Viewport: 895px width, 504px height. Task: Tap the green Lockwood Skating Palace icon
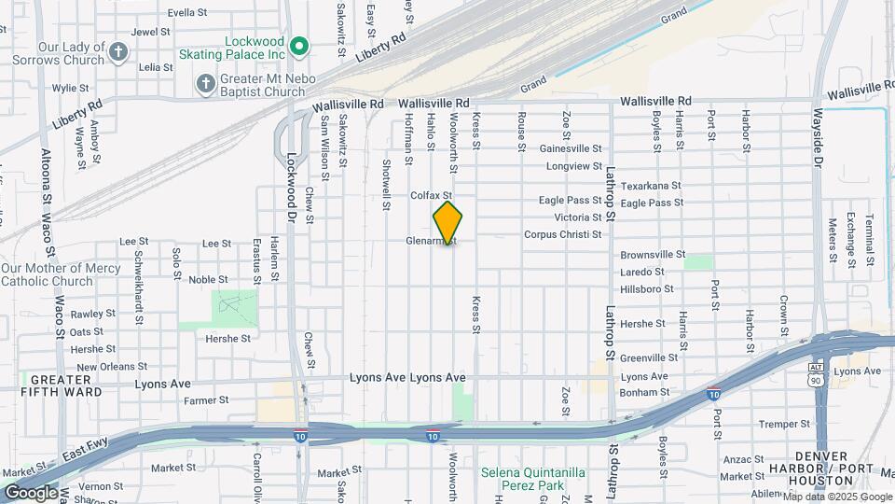[298, 45]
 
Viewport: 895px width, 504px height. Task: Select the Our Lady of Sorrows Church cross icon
[118, 51]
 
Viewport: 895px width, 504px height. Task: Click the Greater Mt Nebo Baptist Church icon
[206, 84]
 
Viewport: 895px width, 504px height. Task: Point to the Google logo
[31, 492]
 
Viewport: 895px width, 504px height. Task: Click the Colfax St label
[432, 195]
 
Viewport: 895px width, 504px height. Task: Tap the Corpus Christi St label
[562, 234]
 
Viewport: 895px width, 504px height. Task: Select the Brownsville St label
[653, 254]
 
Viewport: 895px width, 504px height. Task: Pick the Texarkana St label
[652, 186]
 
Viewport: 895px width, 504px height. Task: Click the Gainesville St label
[571, 148]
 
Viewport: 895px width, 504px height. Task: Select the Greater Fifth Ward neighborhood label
[61, 385]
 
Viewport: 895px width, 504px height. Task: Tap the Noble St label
[209, 279]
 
